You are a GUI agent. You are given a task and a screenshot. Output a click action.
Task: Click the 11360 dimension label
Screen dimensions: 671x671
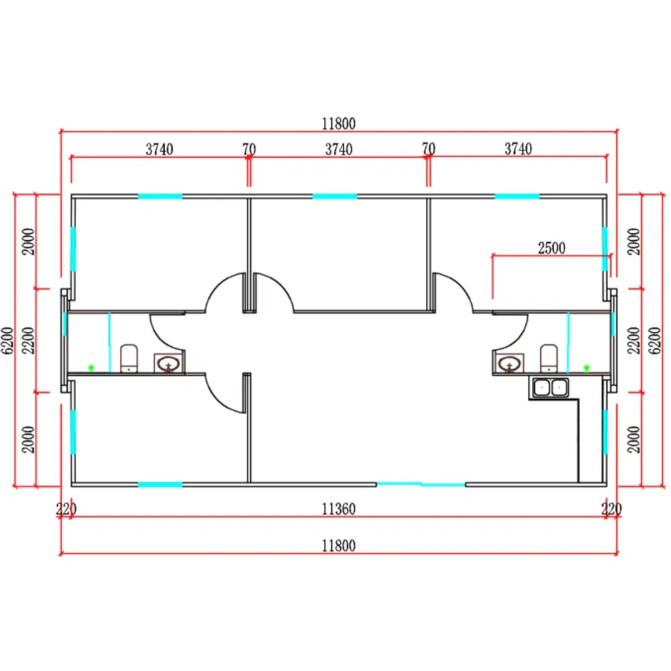[x=338, y=509]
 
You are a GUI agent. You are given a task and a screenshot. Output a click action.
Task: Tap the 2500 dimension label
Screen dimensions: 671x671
[x=551, y=248]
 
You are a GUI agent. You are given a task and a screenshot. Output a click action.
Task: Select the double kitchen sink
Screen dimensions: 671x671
[x=550, y=387]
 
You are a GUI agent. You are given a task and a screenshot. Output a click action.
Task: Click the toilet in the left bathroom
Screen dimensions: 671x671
[x=129, y=358]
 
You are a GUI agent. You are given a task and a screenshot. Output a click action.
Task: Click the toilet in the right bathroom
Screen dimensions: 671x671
[x=549, y=358]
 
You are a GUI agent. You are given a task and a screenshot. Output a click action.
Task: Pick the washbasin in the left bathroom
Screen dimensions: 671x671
[x=168, y=364]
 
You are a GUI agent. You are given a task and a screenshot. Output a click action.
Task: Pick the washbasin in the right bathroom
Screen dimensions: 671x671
[x=509, y=364]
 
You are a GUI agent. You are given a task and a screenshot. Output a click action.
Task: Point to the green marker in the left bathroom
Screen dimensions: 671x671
[x=91, y=368]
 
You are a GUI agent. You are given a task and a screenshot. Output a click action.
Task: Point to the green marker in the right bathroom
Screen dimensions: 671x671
[x=586, y=368]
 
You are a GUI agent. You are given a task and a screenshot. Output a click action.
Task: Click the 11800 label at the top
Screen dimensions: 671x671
[x=338, y=123]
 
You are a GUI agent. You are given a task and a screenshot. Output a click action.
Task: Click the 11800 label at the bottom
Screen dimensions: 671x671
[x=338, y=546]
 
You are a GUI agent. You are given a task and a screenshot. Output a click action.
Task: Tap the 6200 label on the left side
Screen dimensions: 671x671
[x=7, y=340]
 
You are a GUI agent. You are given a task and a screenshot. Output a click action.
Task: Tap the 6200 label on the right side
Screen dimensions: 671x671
[x=654, y=340]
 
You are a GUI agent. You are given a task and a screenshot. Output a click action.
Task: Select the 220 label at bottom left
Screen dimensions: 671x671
[x=66, y=509]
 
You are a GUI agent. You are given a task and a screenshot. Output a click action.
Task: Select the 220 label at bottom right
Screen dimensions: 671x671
[x=611, y=509]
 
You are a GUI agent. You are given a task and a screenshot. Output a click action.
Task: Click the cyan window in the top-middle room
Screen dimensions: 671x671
[x=335, y=197]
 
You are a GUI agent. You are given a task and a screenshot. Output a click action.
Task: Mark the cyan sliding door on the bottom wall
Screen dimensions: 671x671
[x=421, y=484]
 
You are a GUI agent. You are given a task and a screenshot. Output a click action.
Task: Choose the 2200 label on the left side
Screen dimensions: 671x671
[x=28, y=340]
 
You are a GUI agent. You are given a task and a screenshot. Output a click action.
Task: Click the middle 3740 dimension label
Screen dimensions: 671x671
[x=338, y=150]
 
